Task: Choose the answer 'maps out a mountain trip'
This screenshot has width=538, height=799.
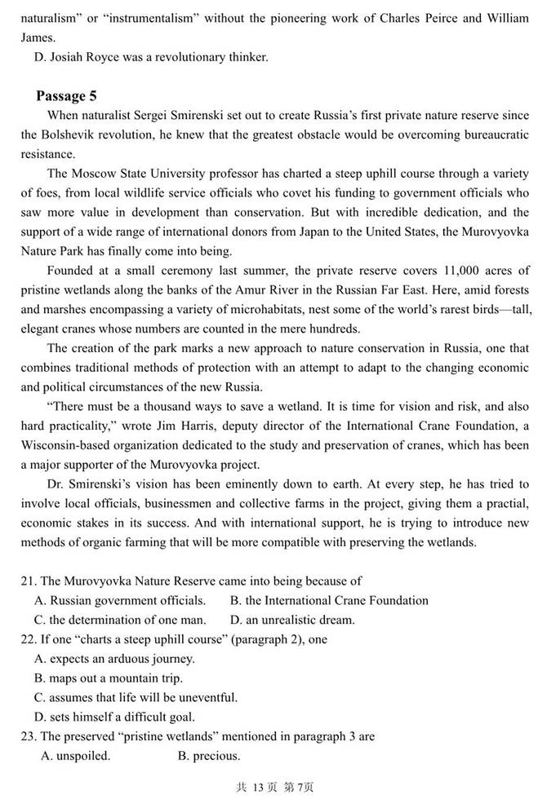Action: click(x=114, y=678)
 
